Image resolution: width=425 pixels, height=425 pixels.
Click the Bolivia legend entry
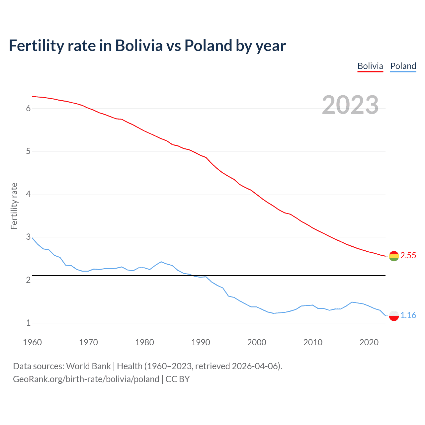click(x=370, y=66)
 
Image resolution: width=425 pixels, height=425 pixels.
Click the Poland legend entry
click(x=403, y=66)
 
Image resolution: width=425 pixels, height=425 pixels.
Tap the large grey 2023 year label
click(x=350, y=105)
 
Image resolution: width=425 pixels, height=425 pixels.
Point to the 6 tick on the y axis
click(x=28, y=108)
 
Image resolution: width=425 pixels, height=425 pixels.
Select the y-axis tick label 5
click(x=28, y=151)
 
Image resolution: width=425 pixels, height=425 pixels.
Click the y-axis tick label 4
click(x=28, y=194)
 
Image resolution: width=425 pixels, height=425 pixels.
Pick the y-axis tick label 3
click(x=28, y=237)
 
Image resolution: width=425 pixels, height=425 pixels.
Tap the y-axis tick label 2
click(x=28, y=280)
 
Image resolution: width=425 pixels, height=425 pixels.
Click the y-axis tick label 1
click(x=28, y=323)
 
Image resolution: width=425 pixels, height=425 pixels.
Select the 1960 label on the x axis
click(x=32, y=342)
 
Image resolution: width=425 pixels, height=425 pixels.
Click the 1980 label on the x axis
click(x=144, y=342)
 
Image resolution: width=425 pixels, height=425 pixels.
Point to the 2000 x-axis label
click(x=257, y=342)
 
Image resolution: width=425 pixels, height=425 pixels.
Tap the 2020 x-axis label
click(x=369, y=342)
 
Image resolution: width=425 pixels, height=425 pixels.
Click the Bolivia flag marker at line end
click(x=394, y=256)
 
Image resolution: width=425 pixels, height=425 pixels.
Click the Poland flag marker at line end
click(x=394, y=315)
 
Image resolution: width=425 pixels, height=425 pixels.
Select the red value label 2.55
click(x=408, y=255)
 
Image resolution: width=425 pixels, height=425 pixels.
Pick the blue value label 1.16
click(x=408, y=315)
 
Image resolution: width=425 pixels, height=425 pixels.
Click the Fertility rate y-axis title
click(x=14, y=206)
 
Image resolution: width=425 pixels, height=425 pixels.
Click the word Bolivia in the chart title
click(x=139, y=45)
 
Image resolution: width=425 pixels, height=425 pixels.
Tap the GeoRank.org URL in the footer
click(x=86, y=379)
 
